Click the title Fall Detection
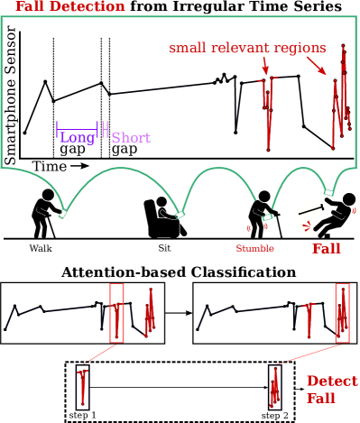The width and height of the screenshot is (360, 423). click(x=70, y=6)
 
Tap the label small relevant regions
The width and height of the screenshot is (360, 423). click(x=247, y=48)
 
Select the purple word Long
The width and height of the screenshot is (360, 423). click(x=78, y=138)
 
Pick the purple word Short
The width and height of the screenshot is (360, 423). click(x=131, y=138)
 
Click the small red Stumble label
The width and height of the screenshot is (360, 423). click(x=254, y=249)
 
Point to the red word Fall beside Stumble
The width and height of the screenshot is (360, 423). click(x=327, y=248)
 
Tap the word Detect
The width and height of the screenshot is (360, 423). click(x=331, y=381)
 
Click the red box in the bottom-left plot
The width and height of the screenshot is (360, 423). click(x=116, y=312)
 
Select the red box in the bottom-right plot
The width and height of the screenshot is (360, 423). click(x=342, y=312)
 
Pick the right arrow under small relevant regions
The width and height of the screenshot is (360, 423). click(x=316, y=65)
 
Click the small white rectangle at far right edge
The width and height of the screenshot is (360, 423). click(x=354, y=214)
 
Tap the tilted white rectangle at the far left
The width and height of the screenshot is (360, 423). click(x=32, y=199)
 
